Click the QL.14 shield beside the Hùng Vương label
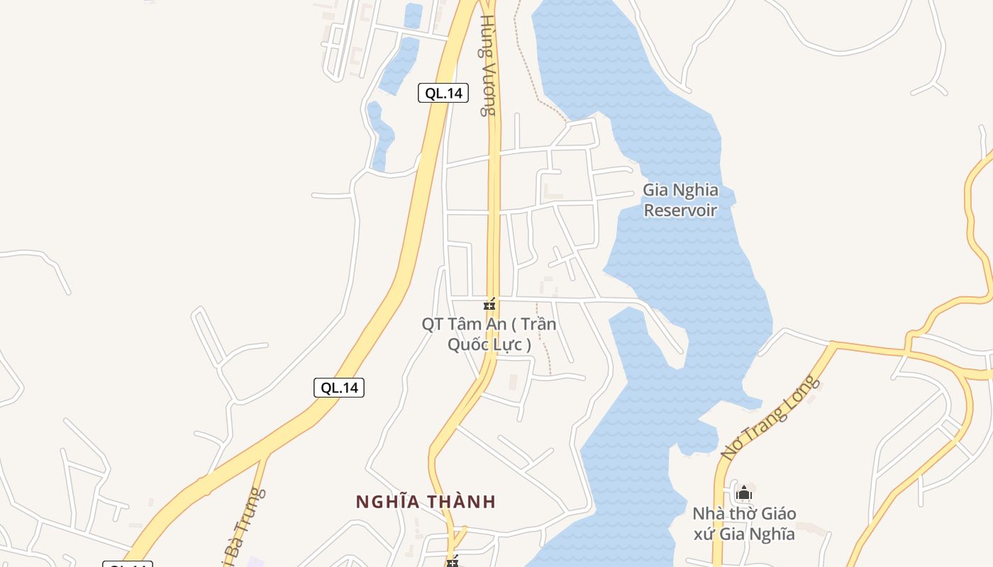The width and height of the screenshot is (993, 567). [443, 93]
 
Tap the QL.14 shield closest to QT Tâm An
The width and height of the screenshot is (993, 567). [338, 388]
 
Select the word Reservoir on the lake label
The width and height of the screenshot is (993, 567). [680, 210]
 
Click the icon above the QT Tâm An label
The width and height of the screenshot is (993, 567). [489, 305]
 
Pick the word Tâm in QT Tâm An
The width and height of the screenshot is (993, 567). [469, 325]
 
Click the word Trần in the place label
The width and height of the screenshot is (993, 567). [539, 325]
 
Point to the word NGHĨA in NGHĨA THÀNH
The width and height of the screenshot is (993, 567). [387, 502]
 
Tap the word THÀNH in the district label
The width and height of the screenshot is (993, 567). [460, 502]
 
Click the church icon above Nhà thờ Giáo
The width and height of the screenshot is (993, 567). [743, 493]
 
